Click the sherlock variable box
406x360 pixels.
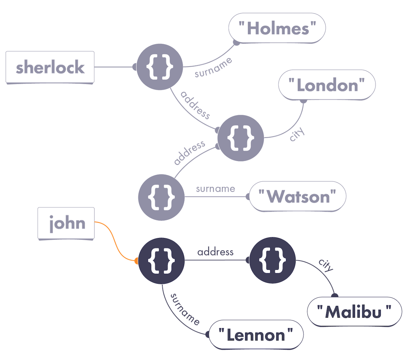(50, 67)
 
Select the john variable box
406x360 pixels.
(66, 224)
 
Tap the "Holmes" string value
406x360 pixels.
(277, 28)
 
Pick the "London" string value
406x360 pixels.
(327, 85)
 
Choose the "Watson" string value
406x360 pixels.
(298, 196)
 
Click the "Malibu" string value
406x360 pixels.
(354, 312)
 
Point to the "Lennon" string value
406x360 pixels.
(256, 335)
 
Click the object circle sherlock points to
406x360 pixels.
(160, 67)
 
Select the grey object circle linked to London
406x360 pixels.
(241, 138)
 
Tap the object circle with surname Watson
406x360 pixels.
(161, 197)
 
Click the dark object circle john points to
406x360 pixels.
(161, 261)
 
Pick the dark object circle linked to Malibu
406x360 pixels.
(272, 260)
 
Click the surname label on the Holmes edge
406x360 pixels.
(213, 68)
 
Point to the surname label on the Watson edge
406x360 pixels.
(215, 189)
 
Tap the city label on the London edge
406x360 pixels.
(297, 134)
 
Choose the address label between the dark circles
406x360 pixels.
(215, 252)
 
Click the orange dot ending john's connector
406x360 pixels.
(136, 261)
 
